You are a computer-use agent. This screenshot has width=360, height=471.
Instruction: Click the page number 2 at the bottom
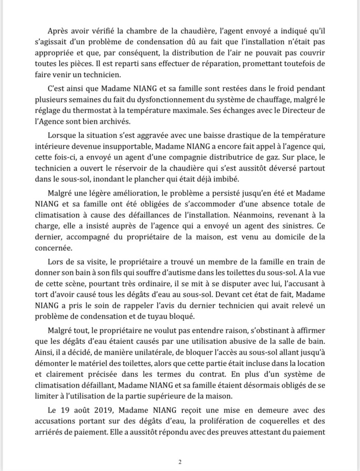(x=180, y=462)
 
